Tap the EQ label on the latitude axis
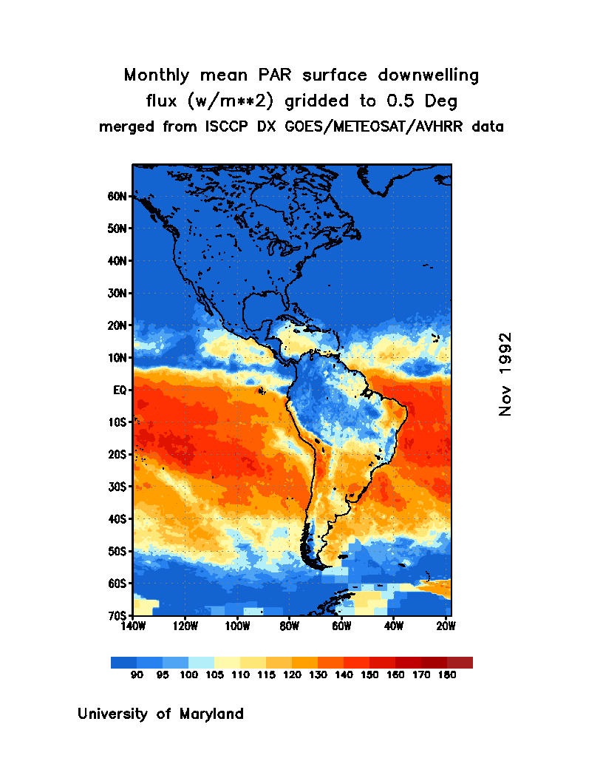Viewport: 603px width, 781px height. pos(120,390)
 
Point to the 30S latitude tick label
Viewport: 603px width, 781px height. pos(118,487)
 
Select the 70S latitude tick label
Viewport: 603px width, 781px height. pos(118,615)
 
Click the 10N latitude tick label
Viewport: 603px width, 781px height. pos(118,358)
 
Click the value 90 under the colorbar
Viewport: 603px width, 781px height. pos(137,675)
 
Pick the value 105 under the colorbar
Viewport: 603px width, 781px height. pos(214,675)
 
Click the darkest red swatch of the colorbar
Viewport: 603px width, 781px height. pos(460,663)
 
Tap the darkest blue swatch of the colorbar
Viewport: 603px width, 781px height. pos(123,663)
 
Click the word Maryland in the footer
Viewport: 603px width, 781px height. pos(212,714)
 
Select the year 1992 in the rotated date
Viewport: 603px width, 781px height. pos(505,354)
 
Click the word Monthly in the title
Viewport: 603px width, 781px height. pos(158,75)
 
